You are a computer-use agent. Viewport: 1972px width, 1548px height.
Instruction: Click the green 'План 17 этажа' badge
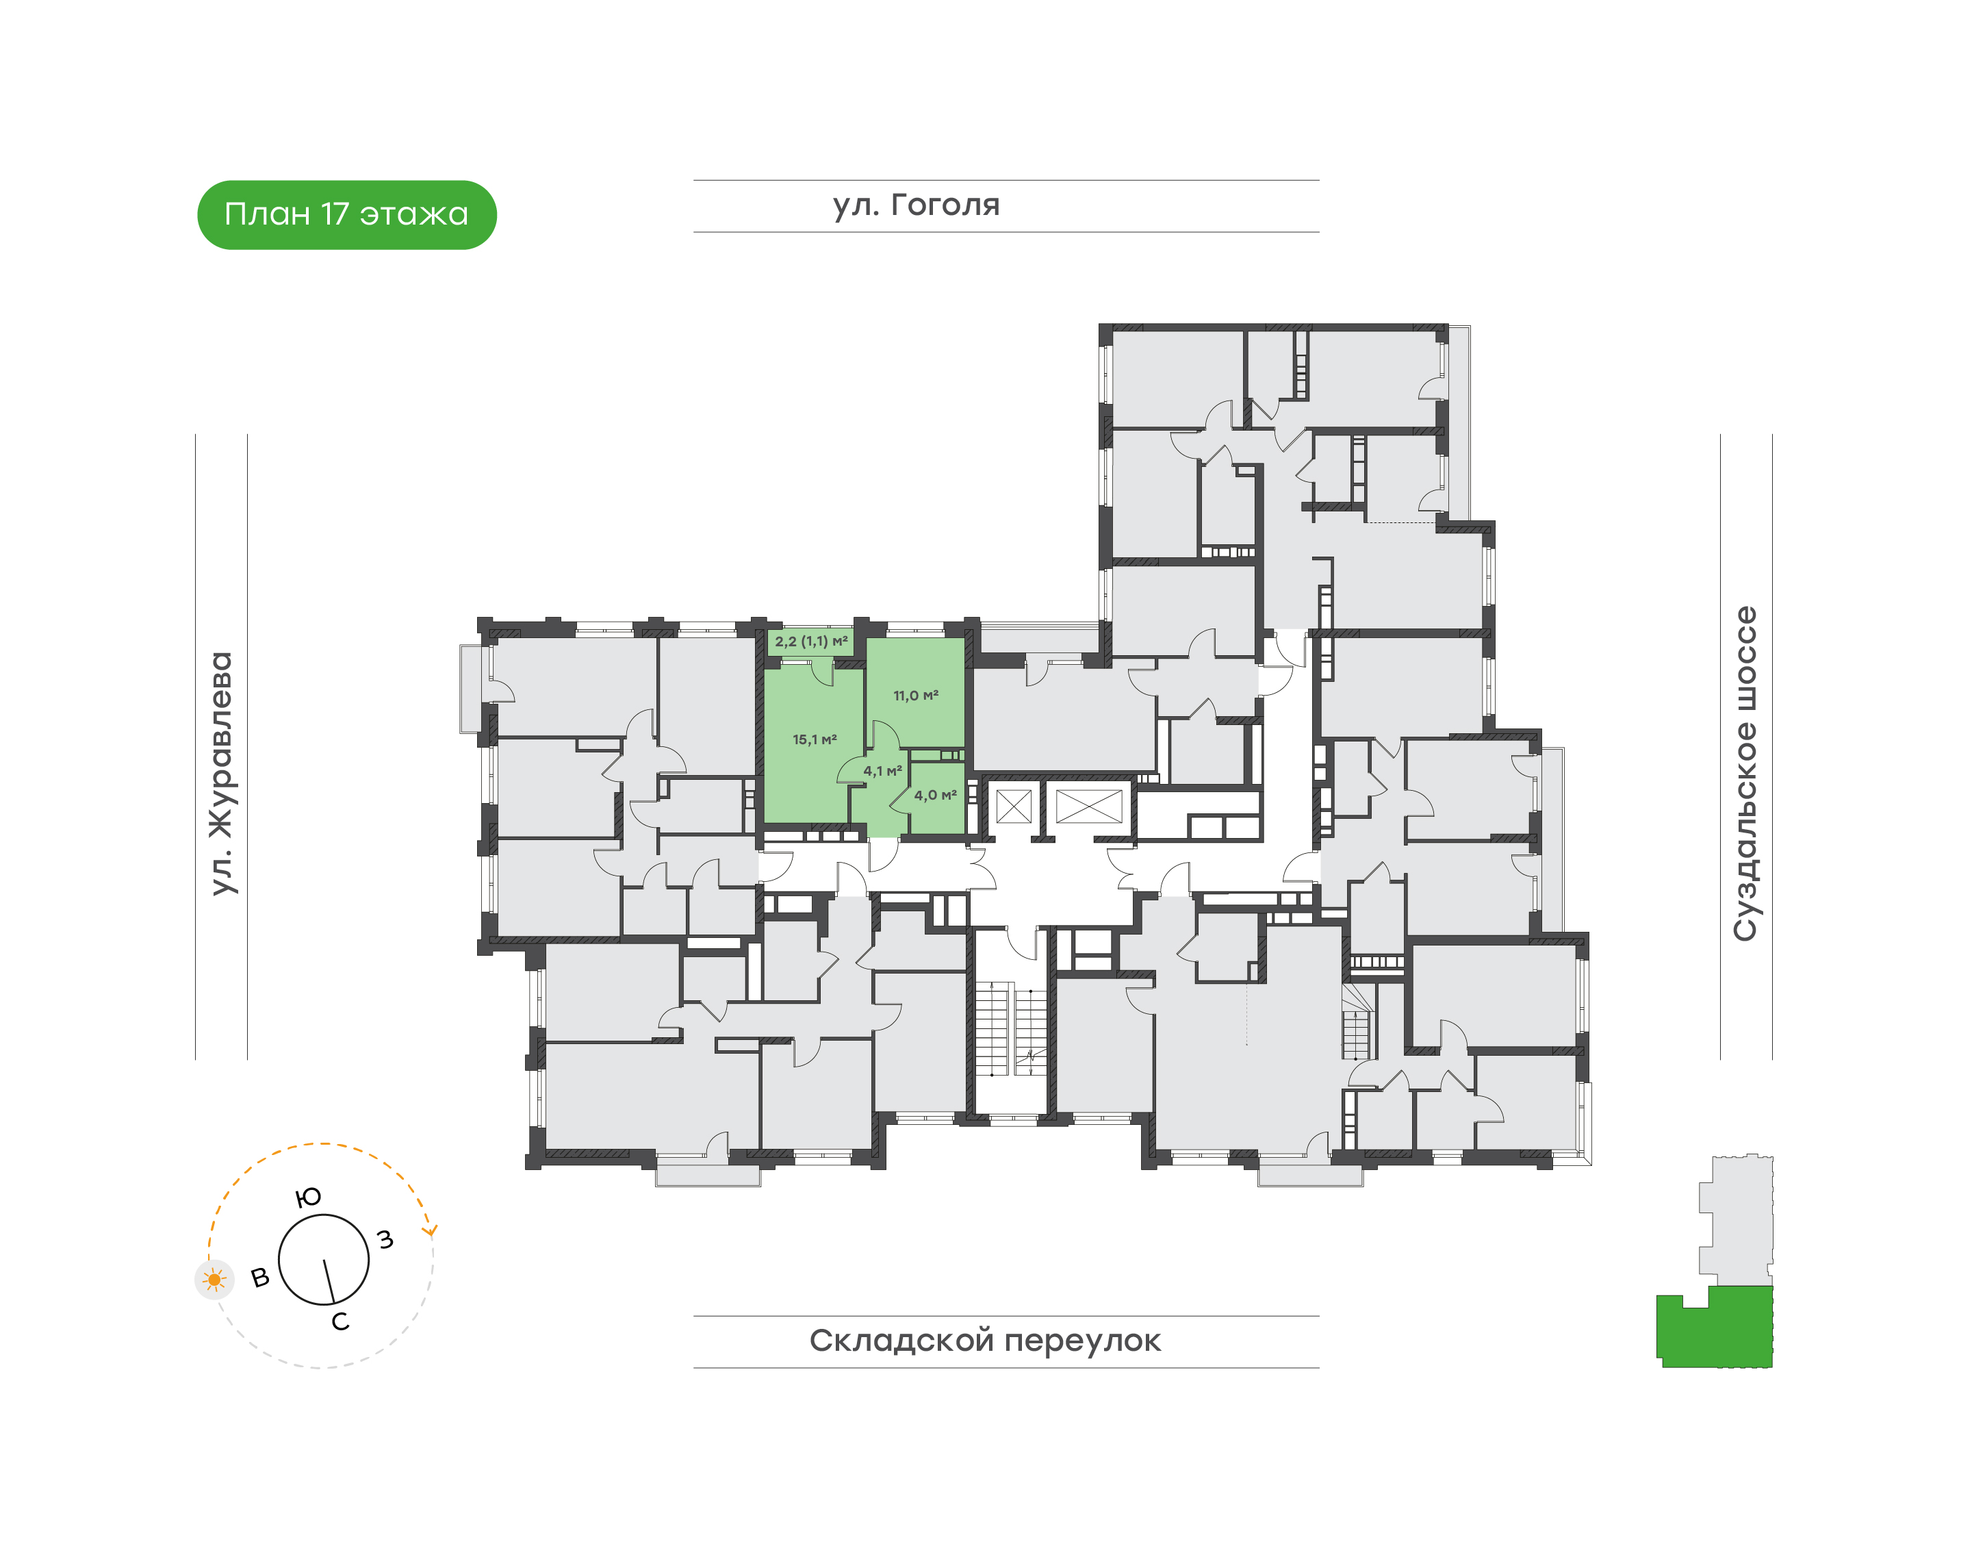coord(347,215)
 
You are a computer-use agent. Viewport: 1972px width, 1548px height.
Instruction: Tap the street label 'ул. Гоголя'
coord(917,205)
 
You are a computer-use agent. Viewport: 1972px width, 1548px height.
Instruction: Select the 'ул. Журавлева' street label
coord(221,773)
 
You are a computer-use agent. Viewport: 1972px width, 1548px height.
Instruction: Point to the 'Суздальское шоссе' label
coord(1745,773)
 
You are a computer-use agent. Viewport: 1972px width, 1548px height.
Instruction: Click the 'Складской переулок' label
coord(985,1341)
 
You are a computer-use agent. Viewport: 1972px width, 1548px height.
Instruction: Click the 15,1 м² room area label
coord(815,739)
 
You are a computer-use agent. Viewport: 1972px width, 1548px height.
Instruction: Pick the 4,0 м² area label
coord(935,795)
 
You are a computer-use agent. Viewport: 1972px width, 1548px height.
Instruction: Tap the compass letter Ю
coord(309,1197)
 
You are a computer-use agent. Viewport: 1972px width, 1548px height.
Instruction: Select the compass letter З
coord(385,1239)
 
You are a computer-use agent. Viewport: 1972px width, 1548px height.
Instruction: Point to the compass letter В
coord(260,1278)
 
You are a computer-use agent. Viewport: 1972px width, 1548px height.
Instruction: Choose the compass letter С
coord(340,1322)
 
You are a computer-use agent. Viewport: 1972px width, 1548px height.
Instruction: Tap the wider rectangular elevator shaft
coord(1089,806)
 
